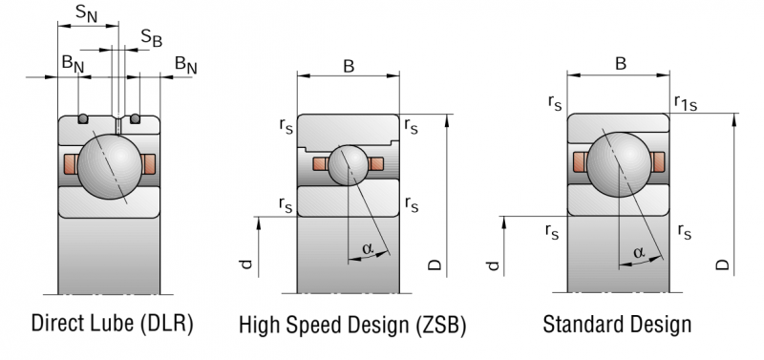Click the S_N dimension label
click(87, 13)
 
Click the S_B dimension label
click(152, 38)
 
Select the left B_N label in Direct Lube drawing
click(73, 64)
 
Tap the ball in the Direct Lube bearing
click(110, 166)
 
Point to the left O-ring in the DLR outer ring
click(83, 118)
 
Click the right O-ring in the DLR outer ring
click(135, 118)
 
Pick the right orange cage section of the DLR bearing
click(149, 163)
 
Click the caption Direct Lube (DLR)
click(112, 323)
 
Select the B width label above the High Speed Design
click(349, 66)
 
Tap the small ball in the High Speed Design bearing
click(348, 165)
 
